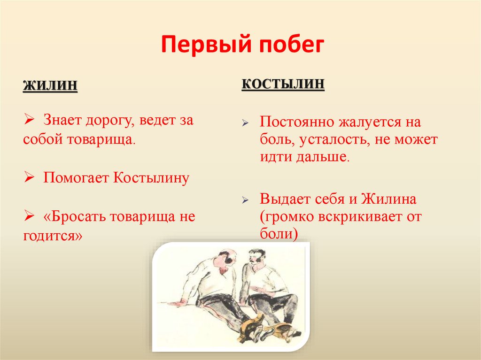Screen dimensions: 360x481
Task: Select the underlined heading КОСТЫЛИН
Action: [283, 84]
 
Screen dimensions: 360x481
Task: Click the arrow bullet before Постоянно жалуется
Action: [245, 123]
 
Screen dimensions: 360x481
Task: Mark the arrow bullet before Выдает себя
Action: [245, 199]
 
